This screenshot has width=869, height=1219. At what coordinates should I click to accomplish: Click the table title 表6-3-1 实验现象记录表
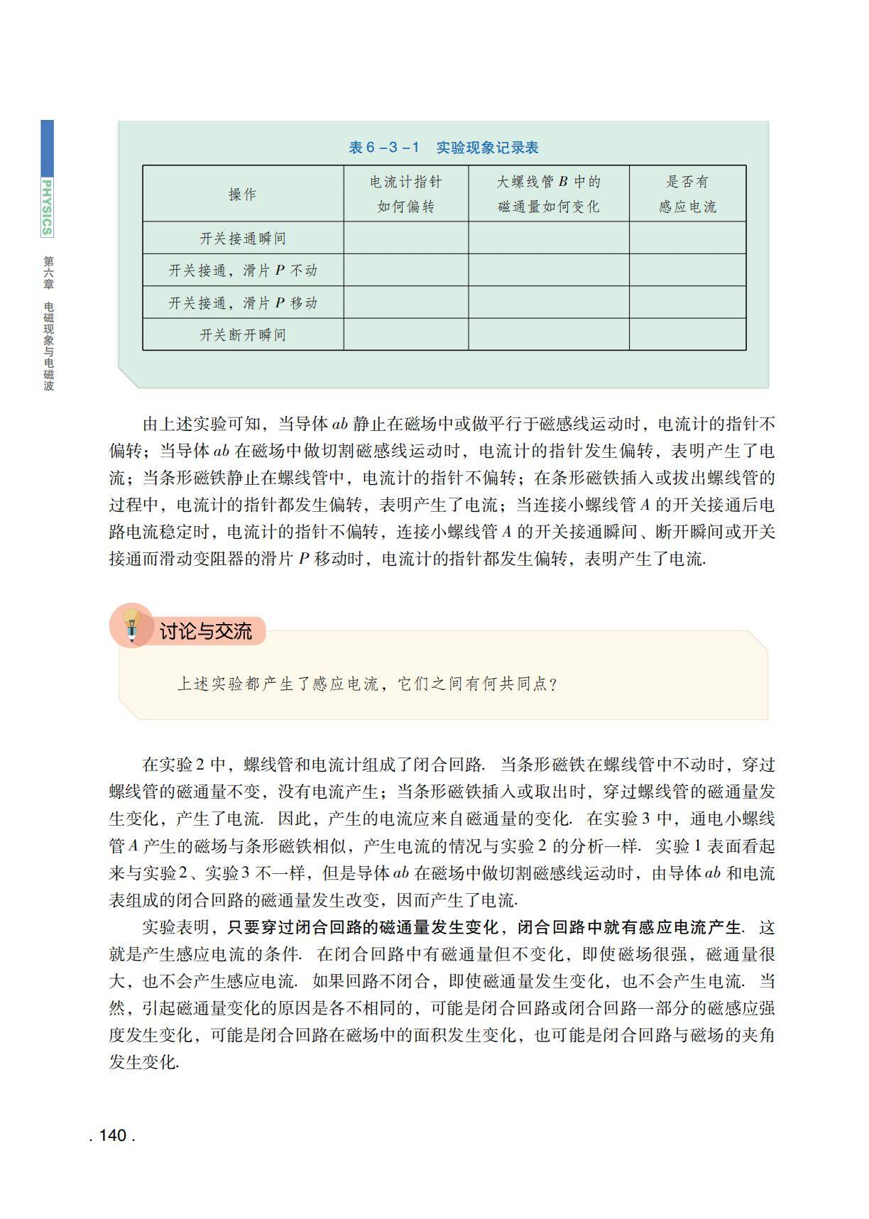tap(444, 148)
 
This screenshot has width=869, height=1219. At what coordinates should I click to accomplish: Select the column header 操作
tap(243, 195)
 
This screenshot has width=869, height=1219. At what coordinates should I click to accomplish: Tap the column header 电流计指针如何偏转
tap(405, 194)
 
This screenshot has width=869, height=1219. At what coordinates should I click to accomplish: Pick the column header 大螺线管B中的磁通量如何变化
tap(548, 194)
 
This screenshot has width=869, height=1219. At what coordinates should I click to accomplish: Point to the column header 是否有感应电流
tap(687, 194)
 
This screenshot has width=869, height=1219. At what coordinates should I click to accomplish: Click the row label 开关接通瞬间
tap(243, 239)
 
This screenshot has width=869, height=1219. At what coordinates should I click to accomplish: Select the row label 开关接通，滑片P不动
tap(243, 270)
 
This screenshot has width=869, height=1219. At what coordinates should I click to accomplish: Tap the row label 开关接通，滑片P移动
tap(243, 303)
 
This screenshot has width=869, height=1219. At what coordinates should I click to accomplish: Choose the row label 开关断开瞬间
tap(243, 335)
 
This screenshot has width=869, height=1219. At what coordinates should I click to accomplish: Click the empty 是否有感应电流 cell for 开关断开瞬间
tap(687, 334)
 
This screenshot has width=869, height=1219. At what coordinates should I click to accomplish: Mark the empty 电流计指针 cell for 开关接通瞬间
tap(405, 238)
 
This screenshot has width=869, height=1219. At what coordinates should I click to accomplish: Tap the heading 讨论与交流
tap(205, 631)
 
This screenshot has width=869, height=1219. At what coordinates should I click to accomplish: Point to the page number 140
tap(112, 1135)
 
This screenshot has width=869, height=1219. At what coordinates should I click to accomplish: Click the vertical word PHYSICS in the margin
tap(47, 207)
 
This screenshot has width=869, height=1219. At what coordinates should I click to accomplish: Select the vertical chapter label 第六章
tap(48, 273)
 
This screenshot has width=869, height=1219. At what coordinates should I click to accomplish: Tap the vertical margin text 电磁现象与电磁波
tap(48, 346)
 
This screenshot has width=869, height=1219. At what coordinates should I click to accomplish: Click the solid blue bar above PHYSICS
tap(47, 147)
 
